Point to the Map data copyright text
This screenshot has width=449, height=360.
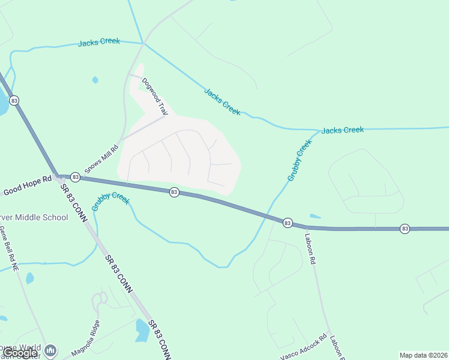coord(423,355)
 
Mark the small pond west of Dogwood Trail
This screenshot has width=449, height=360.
coord(95,80)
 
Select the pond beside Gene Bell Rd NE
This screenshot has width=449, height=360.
coord(29,278)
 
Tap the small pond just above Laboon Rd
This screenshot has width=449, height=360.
coord(315,216)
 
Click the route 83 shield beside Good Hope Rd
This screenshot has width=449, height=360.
coord(75,177)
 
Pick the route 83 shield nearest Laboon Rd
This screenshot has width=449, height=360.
coord(287,223)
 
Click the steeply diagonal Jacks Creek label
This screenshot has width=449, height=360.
coord(222,101)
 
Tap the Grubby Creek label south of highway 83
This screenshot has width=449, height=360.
coord(110,200)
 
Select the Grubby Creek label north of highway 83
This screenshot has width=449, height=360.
coord(300,160)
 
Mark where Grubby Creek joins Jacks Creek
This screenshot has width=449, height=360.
coord(318,130)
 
